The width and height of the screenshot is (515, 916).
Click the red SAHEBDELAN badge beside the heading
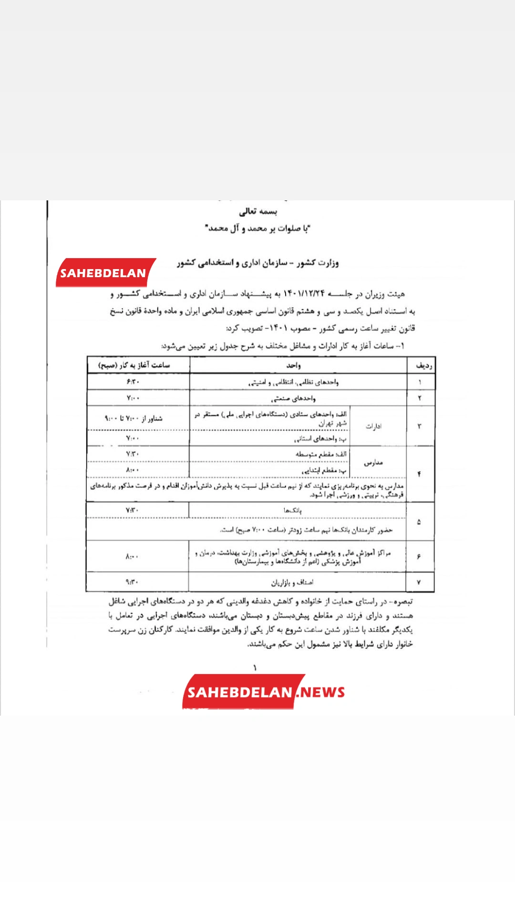[104, 273]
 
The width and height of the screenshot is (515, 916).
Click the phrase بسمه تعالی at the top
[258, 211]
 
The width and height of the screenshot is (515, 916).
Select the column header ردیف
[423, 365]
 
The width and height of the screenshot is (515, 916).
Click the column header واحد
[293, 365]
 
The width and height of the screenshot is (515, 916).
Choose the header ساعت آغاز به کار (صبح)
[134, 365]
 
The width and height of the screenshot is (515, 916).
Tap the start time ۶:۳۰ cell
[133, 382]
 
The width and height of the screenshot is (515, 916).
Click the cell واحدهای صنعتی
[293, 398]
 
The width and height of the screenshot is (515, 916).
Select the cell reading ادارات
[373, 426]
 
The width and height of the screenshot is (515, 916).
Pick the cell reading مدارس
[373, 462]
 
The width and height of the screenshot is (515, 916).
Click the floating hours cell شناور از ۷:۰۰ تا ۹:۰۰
[134, 418]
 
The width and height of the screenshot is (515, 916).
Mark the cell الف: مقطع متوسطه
[321, 454]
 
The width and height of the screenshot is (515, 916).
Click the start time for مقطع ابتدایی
[133, 470]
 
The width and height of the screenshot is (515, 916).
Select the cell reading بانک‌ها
[292, 510]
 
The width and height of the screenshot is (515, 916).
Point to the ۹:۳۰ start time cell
[132, 582]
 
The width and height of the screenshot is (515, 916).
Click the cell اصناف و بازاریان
[292, 583]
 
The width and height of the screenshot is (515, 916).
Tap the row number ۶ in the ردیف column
[419, 556]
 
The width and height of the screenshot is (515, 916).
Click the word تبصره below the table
[402, 602]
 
